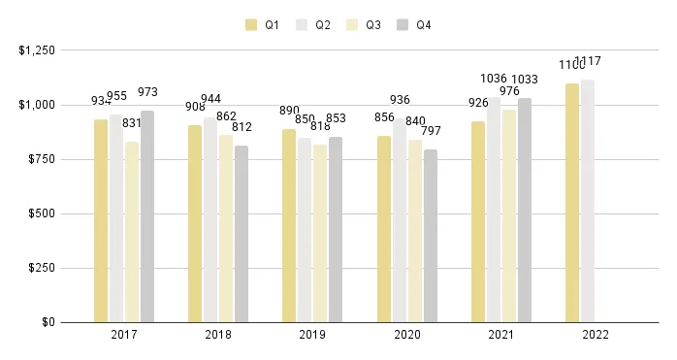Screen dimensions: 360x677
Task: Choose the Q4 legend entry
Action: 414,25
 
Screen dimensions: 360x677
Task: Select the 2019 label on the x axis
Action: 312,336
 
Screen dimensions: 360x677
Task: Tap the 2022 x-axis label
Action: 595,336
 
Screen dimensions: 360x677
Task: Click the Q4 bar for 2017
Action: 147,216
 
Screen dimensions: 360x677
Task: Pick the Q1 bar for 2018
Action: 195,223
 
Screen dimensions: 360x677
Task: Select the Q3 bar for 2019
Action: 320,233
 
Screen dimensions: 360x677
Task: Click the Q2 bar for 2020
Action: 399,220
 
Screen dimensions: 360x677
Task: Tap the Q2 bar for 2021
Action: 493,210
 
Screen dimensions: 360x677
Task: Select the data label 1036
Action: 495,79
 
